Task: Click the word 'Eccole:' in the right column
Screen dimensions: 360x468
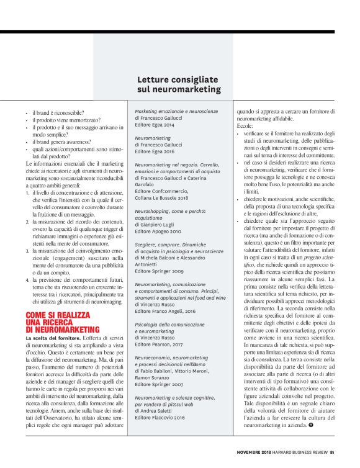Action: tap(244, 125)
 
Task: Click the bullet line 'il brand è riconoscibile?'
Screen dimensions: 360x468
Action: tap(61, 112)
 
